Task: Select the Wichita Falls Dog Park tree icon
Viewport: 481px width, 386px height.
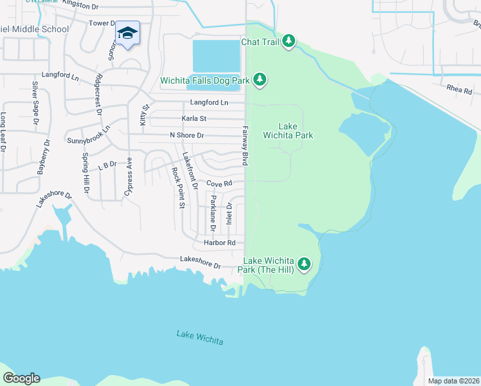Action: click(x=260, y=80)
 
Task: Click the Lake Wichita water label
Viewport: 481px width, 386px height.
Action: click(x=200, y=337)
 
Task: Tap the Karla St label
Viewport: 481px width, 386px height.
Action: click(x=194, y=118)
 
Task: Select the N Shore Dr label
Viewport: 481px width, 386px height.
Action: click(x=186, y=135)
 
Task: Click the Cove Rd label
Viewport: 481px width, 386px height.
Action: click(x=219, y=184)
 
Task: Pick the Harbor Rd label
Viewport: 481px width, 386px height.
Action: click(x=215, y=243)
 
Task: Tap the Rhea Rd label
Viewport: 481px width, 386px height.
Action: click(x=460, y=91)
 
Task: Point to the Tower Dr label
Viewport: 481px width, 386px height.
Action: click(x=102, y=23)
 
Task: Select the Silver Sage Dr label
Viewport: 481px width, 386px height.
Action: click(x=35, y=104)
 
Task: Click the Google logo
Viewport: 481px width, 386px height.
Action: click(x=21, y=378)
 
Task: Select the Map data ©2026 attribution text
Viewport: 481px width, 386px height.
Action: click(x=453, y=381)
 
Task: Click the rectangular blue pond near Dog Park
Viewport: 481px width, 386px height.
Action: click(x=216, y=56)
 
